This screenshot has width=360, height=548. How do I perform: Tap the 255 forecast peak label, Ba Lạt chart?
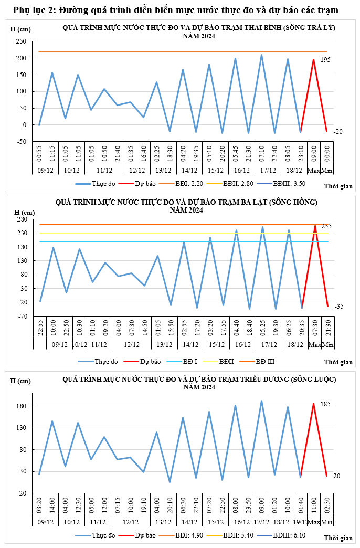(326, 226)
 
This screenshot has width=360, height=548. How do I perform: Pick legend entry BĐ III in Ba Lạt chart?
(265, 362)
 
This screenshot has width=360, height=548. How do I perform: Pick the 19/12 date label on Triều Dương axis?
(301, 522)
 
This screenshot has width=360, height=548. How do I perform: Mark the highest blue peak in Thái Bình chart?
(261, 55)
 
